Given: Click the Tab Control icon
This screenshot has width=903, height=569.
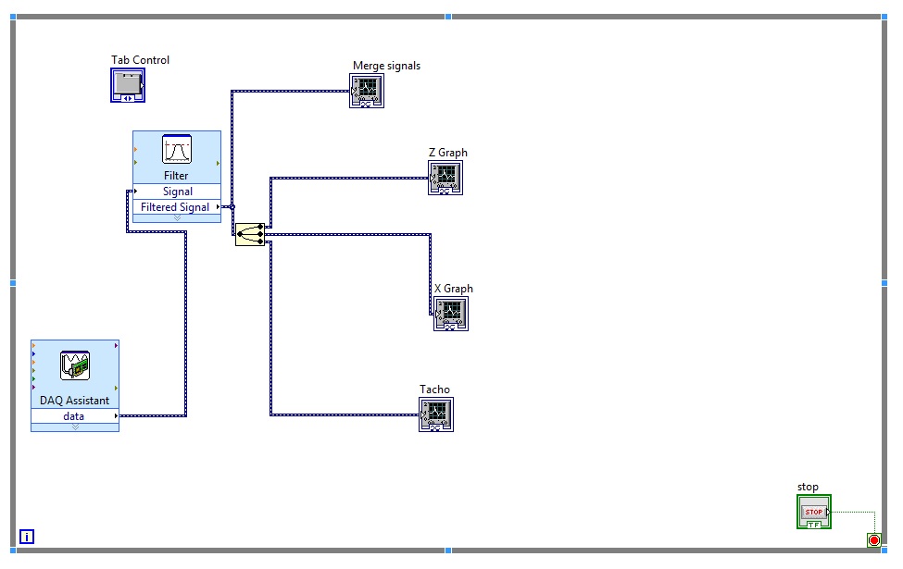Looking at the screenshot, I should [x=128, y=85].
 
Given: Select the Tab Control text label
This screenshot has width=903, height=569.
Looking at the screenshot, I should [x=140, y=60].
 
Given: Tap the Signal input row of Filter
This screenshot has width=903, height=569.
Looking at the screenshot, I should [x=177, y=192].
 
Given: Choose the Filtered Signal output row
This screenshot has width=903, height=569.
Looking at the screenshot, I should [x=175, y=207].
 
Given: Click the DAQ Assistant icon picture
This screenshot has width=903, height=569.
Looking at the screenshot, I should [x=74, y=365].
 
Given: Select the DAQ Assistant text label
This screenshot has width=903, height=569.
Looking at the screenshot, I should [x=74, y=401].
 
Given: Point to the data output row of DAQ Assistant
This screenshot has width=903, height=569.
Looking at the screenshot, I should [x=74, y=416].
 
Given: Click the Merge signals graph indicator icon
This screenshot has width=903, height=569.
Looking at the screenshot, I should [x=367, y=91].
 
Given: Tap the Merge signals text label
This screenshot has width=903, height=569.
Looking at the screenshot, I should [x=386, y=66].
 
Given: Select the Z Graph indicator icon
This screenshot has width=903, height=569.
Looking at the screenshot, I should [x=445, y=177].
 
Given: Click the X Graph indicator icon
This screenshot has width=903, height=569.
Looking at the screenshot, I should [x=451, y=313].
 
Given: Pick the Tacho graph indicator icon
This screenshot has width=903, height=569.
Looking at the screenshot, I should [x=435, y=414].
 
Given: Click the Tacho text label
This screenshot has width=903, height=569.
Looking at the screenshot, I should [x=434, y=390].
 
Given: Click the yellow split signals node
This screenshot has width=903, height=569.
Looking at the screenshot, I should [x=249, y=234].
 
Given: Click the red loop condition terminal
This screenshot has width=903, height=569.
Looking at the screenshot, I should [x=873, y=540].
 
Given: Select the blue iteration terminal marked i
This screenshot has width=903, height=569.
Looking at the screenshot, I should [x=27, y=536].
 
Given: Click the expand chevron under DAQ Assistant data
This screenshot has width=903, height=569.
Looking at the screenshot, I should [x=74, y=427].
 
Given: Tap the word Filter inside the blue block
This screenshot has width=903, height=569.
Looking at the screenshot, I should [x=176, y=175].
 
